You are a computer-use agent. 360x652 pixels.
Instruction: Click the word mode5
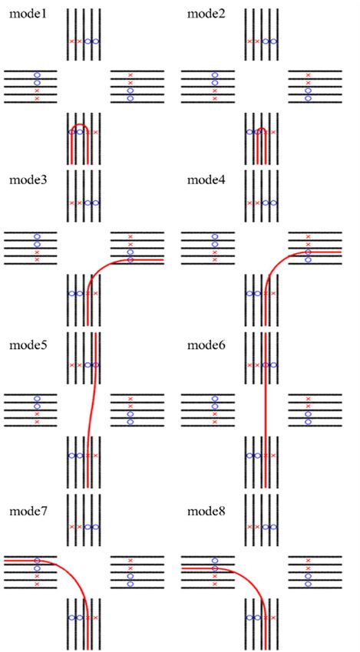coord(28,345)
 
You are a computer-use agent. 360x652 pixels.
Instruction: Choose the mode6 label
coord(206,345)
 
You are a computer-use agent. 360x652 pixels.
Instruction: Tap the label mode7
coord(28,511)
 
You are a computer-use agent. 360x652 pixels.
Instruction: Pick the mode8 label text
coord(206,511)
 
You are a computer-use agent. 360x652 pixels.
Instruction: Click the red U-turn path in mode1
coord(80,124)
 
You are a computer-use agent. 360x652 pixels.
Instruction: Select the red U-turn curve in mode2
coord(262,129)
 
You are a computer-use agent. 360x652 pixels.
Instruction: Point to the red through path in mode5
coord(91,410)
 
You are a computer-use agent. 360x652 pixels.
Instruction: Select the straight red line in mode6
coord(266,410)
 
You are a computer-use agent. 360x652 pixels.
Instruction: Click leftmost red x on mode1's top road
coord(71,41)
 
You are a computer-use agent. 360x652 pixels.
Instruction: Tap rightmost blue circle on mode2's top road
coord(274,41)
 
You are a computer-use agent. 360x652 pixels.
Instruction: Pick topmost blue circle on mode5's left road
coord(37,399)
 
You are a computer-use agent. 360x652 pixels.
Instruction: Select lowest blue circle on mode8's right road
coord(309,584)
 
